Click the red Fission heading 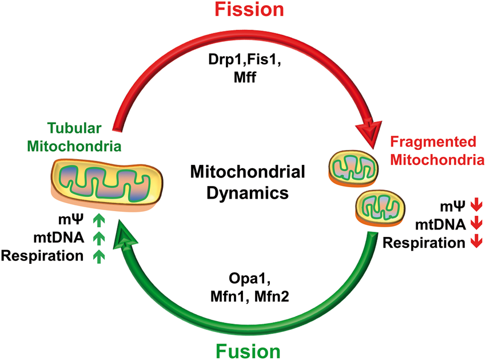tap(249, 9)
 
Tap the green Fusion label tap(248, 351)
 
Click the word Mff tap(245, 77)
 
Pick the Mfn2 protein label tap(272, 296)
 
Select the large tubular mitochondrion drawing tap(107, 184)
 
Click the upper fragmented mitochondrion tap(353, 168)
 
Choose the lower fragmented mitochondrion tap(380, 208)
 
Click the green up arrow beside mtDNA tap(99, 238)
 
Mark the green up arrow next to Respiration tap(99, 256)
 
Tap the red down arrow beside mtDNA tap(476, 223)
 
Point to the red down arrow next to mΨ tap(476, 205)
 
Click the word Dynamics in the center tap(248, 193)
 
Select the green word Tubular tap(74, 128)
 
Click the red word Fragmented tap(433, 141)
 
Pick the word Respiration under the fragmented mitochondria tap(424, 243)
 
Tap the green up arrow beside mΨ tap(99, 220)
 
